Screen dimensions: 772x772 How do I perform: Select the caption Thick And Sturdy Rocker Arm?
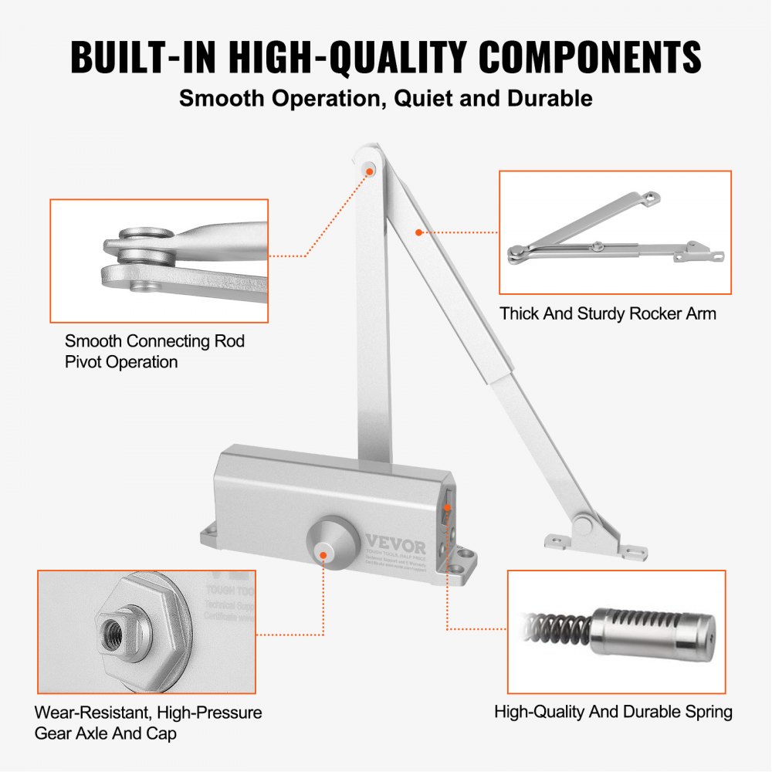tap(608, 313)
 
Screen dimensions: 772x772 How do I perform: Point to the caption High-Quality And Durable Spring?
tap(613, 711)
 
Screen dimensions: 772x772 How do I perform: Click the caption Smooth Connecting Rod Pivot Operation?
tap(154, 351)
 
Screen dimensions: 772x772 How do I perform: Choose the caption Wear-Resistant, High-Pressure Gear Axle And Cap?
tap(148, 723)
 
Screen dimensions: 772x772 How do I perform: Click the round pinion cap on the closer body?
tap(328, 540)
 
